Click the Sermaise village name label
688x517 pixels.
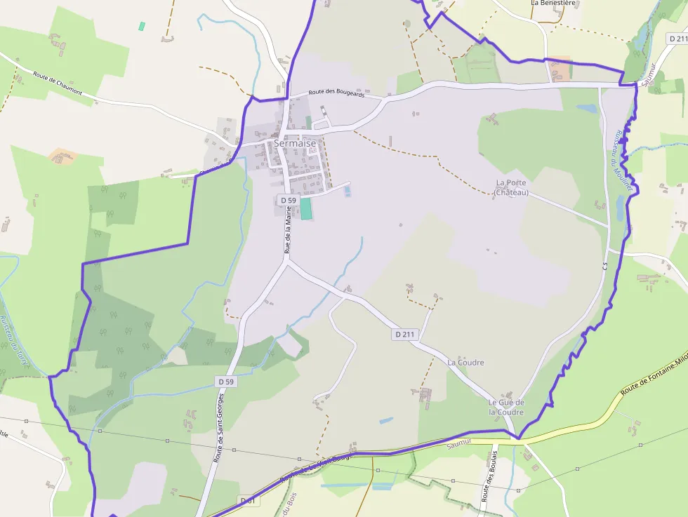click(x=295, y=143)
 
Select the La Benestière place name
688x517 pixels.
click(x=553, y=3)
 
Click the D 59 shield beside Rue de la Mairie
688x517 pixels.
click(x=288, y=200)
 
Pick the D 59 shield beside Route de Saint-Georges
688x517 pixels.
click(x=225, y=381)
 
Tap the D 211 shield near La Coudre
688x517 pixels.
click(x=405, y=335)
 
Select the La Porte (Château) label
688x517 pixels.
click(x=510, y=187)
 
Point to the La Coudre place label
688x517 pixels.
click(x=465, y=363)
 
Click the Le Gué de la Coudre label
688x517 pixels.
click(x=506, y=407)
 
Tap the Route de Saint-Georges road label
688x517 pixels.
click(x=220, y=427)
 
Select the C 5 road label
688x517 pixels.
click(x=604, y=267)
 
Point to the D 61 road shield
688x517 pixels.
click(x=247, y=500)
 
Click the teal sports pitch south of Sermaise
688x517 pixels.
click(x=306, y=208)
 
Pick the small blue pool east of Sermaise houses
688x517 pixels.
click(x=348, y=191)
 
